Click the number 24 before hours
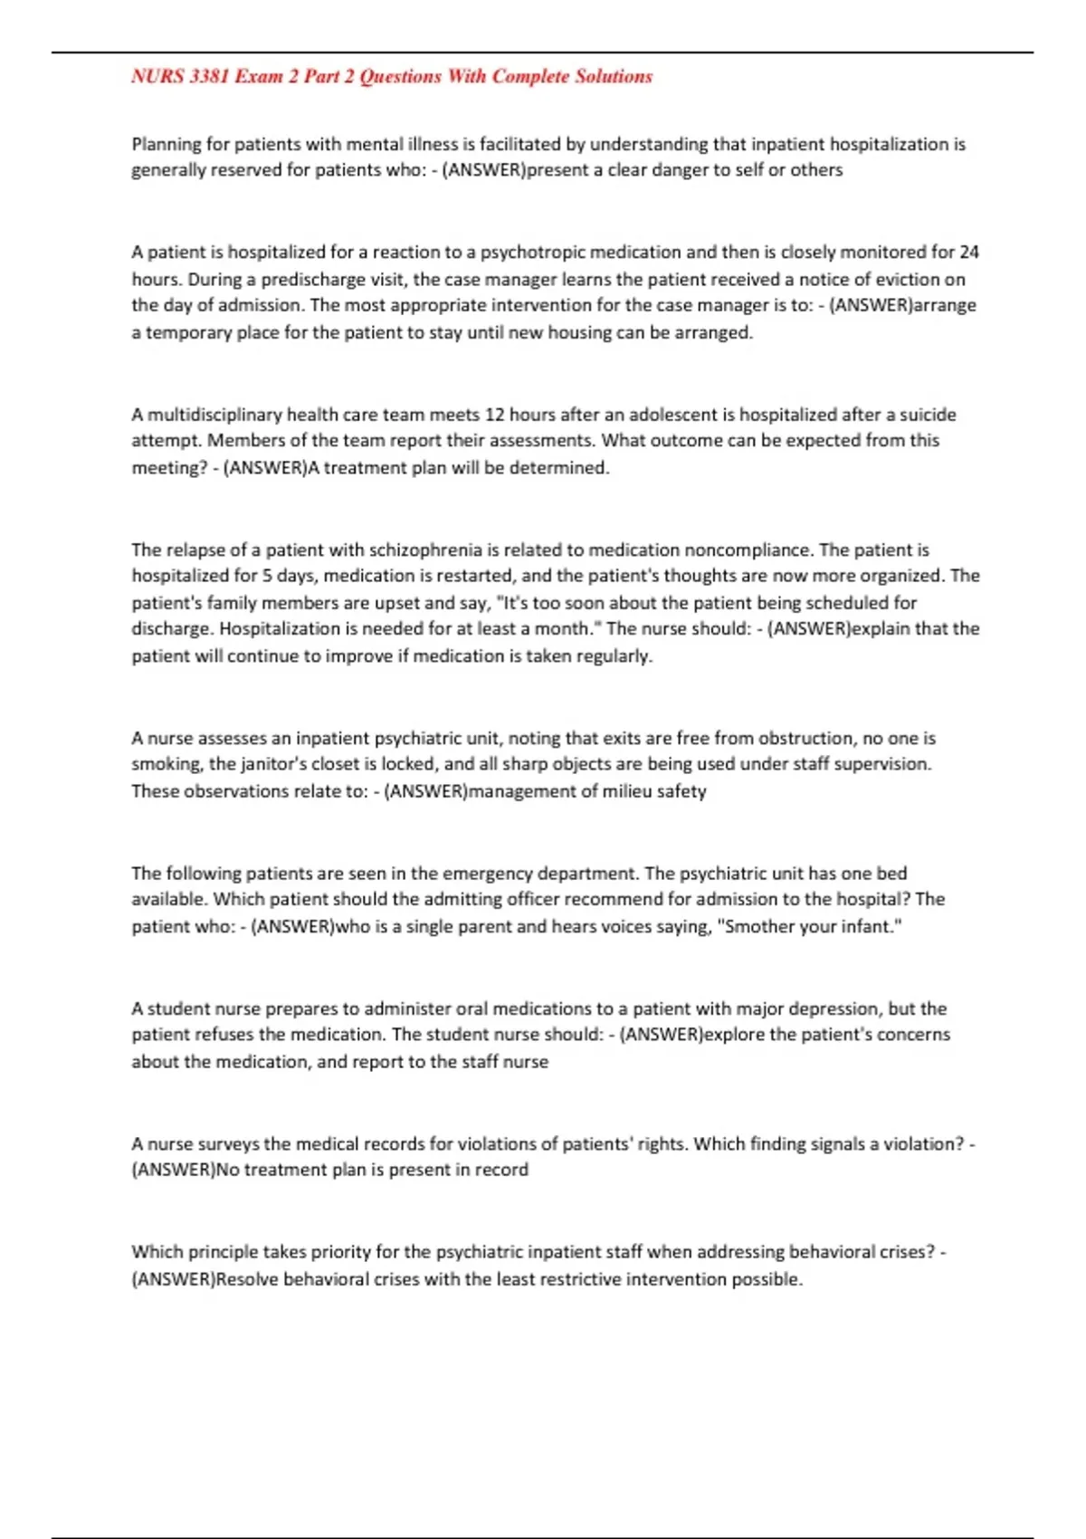click(x=969, y=252)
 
